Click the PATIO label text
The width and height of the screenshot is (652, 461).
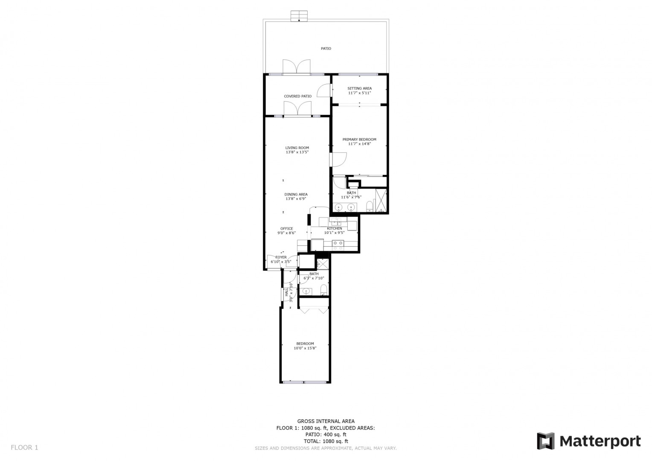(326, 49)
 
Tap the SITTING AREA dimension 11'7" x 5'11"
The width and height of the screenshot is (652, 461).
(359, 93)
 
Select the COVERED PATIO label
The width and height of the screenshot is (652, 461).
(298, 96)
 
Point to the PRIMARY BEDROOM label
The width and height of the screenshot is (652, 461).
(359, 140)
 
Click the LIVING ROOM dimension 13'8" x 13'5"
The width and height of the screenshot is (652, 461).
(297, 152)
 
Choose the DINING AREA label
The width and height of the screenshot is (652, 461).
(296, 194)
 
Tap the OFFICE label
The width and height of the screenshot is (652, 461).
(287, 229)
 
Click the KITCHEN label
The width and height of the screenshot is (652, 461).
(335, 228)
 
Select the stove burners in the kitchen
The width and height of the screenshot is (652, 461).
(338, 245)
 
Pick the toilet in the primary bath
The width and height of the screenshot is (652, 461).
(370, 206)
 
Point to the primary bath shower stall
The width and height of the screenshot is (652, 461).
(381, 200)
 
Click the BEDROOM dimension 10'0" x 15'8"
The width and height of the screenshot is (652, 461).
(305, 348)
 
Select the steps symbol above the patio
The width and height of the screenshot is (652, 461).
(299, 16)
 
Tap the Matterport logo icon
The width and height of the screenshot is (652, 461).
(546, 441)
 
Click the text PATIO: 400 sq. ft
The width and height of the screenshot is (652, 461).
(326, 435)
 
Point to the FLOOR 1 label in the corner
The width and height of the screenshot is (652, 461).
(24, 448)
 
